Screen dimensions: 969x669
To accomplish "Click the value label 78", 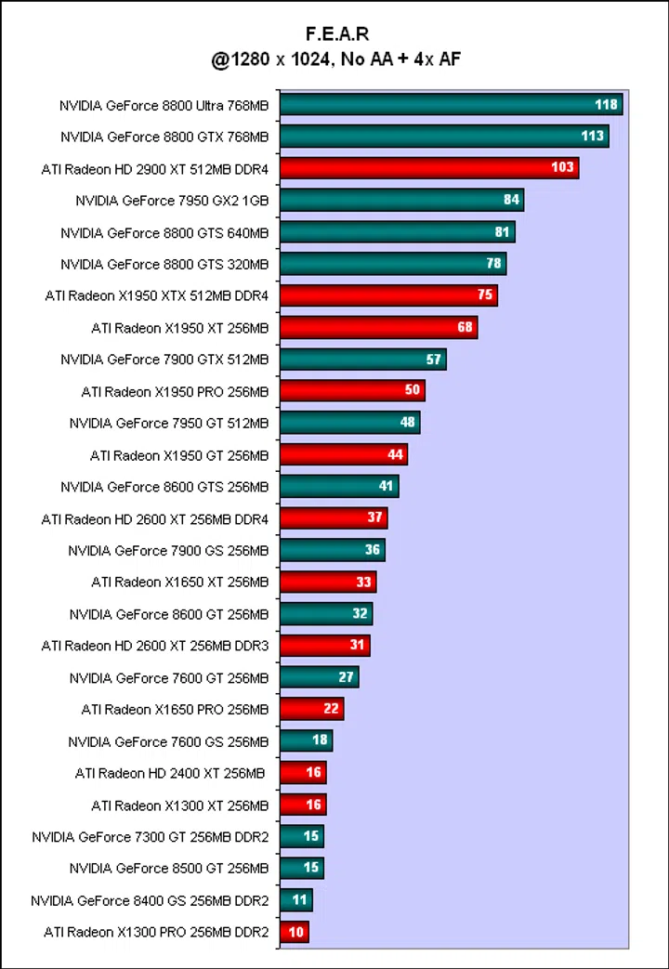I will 493,263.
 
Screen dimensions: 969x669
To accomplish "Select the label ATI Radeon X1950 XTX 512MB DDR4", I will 156,295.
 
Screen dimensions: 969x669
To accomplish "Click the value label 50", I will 413,390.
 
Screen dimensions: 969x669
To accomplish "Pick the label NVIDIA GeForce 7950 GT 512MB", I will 168,423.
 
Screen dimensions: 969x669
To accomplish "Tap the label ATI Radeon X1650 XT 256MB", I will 179,582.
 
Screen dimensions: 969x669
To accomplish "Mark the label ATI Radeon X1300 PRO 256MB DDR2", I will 156,932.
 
